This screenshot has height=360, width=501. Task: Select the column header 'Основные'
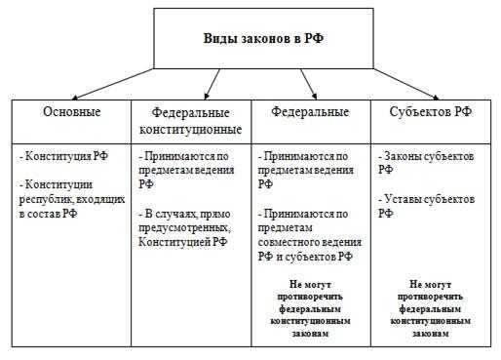click(x=71, y=112)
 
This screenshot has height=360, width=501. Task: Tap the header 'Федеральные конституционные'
click(x=192, y=121)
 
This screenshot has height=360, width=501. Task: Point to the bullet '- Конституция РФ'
click(x=63, y=155)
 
